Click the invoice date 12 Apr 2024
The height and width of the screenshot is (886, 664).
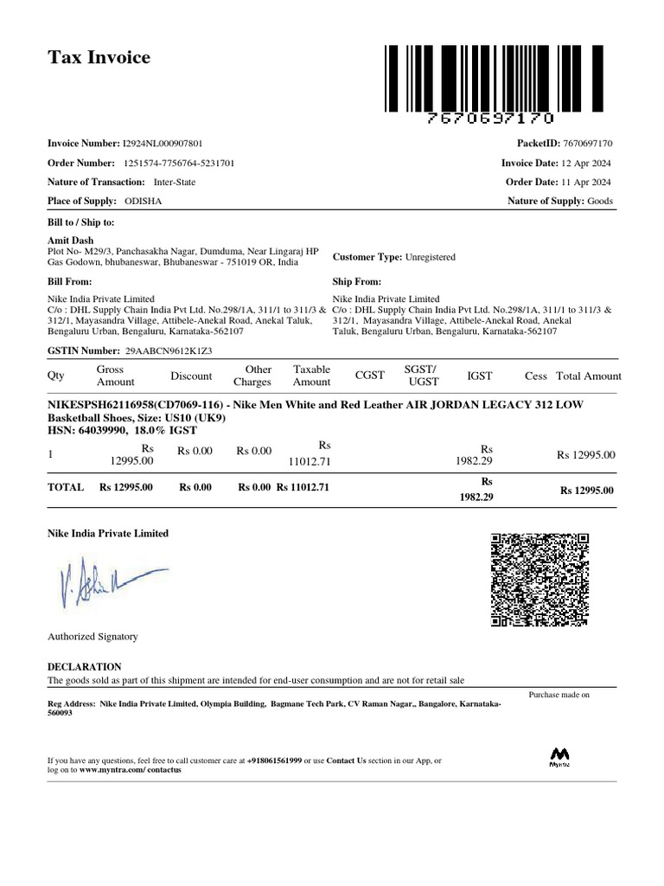pyautogui.click(x=588, y=163)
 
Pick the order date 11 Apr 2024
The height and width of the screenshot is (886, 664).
pyautogui.click(x=588, y=182)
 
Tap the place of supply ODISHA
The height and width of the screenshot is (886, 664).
pyautogui.click(x=143, y=202)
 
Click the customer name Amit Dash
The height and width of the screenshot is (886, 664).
pyautogui.click(x=70, y=241)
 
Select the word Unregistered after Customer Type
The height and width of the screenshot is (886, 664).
pyautogui.click(x=430, y=257)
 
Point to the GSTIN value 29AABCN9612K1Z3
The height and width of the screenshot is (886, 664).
pyautogui.click(x=169, y=351)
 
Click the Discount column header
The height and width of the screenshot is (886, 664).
pyautogui.click(x=191, y=376)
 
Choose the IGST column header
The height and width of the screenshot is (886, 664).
pyautogui.click(x=479, y=376)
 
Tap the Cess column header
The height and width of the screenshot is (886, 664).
pyautogui.click(x=536, y=376)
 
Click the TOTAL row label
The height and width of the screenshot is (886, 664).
pyautogui.click(x=65, y=487)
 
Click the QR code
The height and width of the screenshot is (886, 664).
pyautogui.click(x=539, y=579)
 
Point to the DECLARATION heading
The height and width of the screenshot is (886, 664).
pyautogui.click(x=84, y=667)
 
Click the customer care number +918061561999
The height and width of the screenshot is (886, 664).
pyautogui.click(x=274, y=761)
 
